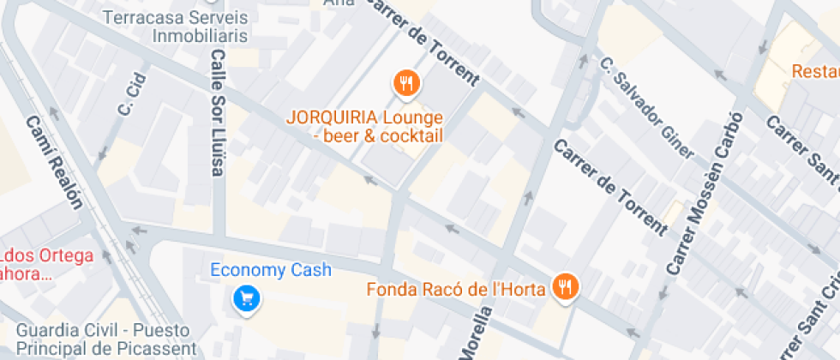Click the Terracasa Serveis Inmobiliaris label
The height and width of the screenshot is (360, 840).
[x=175, y=27]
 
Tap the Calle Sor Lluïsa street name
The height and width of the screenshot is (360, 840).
[x=218, y=112]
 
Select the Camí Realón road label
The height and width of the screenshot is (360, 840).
[x=55, y=164]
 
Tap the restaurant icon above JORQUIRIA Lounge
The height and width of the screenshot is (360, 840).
[x=405, y=83]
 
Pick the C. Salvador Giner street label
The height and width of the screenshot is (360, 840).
[x=646, y=108]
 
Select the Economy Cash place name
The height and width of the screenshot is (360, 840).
[x=272, y=271]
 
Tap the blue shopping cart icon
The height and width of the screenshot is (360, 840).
[x=248, y=298]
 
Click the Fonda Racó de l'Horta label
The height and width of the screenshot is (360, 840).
[x=457, y=290]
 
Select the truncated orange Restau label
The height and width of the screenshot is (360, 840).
[x=815, y=71]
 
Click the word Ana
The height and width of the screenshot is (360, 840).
[x=339, y=3]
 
